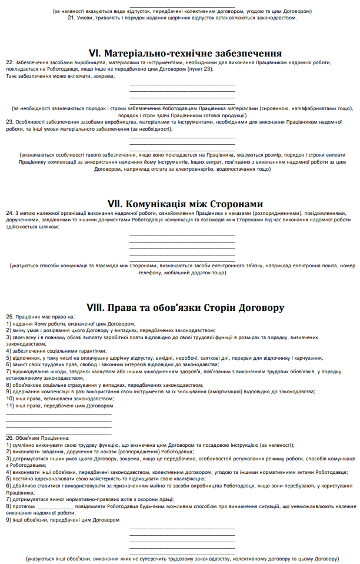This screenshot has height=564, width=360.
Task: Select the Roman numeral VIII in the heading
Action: point(95,307)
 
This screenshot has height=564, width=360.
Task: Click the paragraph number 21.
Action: point(71,17)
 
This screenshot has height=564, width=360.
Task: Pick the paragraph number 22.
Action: point(9,62)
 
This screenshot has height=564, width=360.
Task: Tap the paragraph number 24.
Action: point(9,212)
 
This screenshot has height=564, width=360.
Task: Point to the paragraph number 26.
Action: point(9,437)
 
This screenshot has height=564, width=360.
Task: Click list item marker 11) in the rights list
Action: point(9,406)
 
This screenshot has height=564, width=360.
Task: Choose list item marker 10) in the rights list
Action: point(9,399)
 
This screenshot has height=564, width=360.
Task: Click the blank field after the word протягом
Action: point(55,506)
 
